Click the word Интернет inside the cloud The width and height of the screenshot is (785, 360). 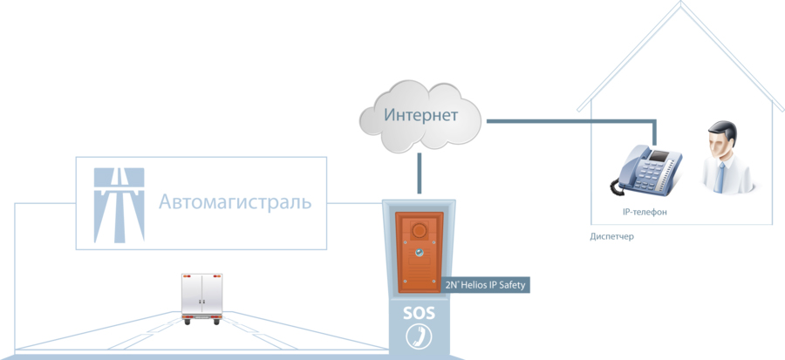[x=420, y=115]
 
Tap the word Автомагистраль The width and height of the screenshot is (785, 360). [x=235, y=202]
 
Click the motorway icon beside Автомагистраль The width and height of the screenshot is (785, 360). [x=119, y=205]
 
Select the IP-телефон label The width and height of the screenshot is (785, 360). [x=645, y=212]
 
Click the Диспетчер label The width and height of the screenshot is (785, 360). [x=611, y=236]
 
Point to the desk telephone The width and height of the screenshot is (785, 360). [x=645, y=170]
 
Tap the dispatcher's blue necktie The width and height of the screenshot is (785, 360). [x=719, y=177]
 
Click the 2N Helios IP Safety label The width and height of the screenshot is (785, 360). [x=485, y=285]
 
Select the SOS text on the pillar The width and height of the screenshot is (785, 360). [x=419, y=314]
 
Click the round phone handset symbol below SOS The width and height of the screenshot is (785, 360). [x=419, y=336]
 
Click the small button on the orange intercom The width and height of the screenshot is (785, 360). [x=419, y=253]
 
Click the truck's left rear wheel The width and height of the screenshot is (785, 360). [x=187, y=322]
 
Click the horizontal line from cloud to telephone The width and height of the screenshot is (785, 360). [x=570, y=120]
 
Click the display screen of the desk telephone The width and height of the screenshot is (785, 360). [x=658, y=155]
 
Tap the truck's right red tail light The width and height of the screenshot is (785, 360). [x=217, y=275]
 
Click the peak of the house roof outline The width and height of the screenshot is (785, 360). [x=681, y=3]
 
